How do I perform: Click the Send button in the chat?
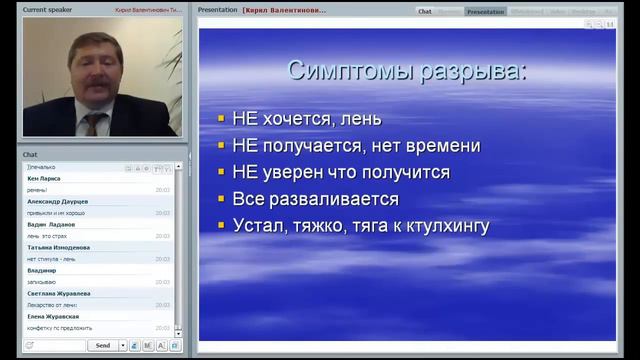pos(102,345)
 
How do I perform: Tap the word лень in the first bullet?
pos(361,119)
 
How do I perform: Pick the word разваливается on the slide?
pos(336,200)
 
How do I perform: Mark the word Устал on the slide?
pos(255,226)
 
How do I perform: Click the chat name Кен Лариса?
pos(44,178)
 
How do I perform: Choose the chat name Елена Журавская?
pos(53,316)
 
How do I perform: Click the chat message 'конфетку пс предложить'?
pos(59,328)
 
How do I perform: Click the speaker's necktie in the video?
pos(93,123)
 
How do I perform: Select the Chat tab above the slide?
pos(425,11)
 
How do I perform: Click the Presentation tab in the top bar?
pos(485,11)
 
